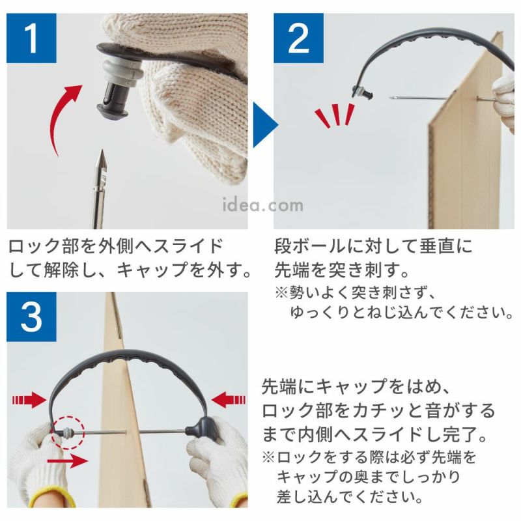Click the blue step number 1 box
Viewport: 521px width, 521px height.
[x=31, y=38]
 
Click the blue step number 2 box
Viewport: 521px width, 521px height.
[x=298, y=38]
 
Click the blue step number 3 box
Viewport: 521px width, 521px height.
[x=31, y=317]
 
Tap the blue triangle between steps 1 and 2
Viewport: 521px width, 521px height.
[x=265, y=125]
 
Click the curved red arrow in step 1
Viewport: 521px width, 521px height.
[x=57, y=117]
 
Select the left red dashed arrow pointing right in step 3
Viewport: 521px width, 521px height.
[x=29, y=399]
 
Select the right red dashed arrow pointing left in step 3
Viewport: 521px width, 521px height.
[x=229, y=399]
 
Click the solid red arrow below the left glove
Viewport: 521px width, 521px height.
[x=68, y=460]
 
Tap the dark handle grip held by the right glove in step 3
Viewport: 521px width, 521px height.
[x=199, y=430]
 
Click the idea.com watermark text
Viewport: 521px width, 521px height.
[x=263, y=205]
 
